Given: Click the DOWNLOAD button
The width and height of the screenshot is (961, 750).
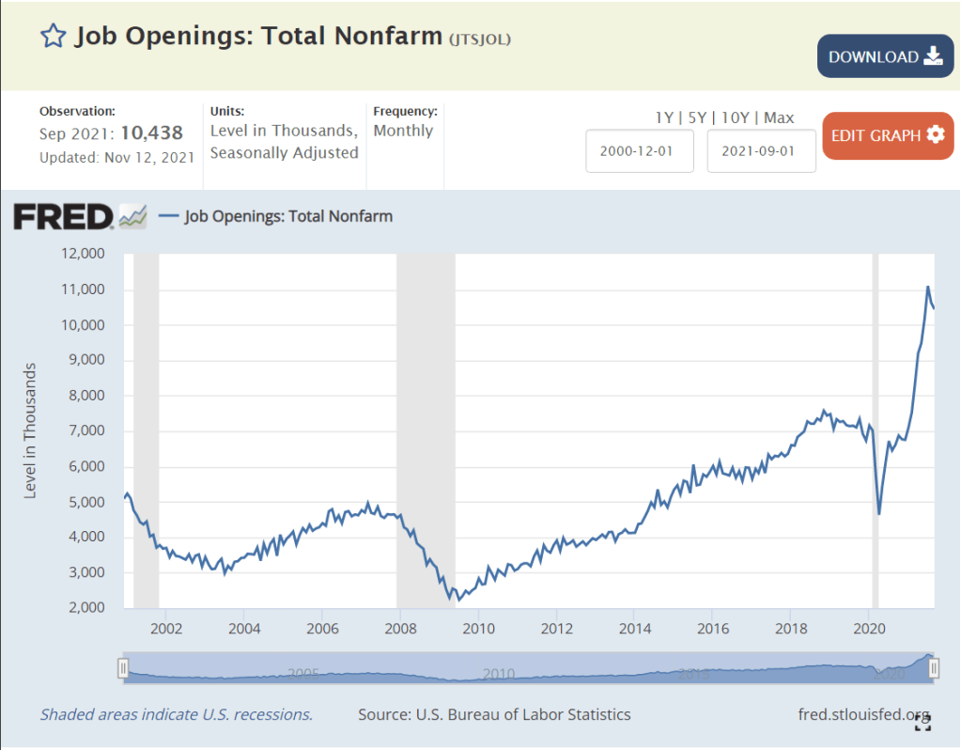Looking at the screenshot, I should coord(885,56).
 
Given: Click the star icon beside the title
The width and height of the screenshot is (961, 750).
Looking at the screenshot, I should coord(53,37).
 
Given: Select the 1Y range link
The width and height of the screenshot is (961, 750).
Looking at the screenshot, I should coord(663,117).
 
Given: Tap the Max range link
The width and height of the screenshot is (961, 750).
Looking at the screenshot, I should coord(779,117).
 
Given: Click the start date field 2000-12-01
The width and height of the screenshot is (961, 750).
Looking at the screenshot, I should coord(640,151).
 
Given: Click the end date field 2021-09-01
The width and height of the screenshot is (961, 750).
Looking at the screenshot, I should coord(761,151).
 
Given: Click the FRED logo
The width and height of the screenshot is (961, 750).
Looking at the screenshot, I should coord(63,217).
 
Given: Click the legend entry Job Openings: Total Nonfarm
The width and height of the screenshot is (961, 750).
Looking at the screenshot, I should coord(288,216).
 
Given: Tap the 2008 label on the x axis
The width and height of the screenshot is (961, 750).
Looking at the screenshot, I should coord(400,628).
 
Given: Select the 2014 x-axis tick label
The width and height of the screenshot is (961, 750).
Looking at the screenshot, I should coord(635,628).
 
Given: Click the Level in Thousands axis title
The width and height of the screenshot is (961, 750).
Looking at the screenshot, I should coord(30,430).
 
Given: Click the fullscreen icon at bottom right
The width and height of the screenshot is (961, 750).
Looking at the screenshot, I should coord(923,722).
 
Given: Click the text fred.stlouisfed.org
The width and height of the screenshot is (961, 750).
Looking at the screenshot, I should coord(863,714).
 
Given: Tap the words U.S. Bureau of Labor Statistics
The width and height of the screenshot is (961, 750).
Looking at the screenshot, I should coord(521,714).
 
